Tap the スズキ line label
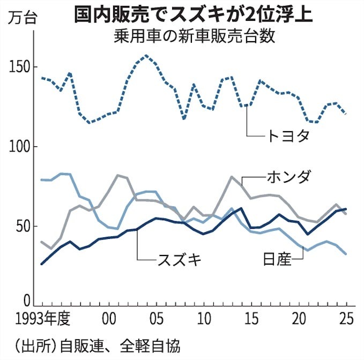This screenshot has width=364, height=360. [x=180, y=259]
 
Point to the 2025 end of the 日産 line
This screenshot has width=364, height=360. [x=346, y=254]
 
